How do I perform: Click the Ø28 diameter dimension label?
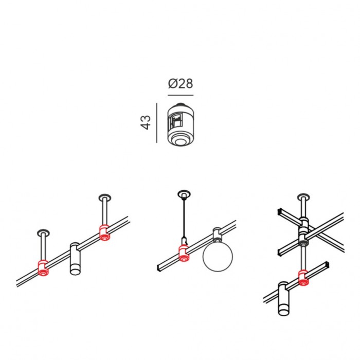pos(181,84)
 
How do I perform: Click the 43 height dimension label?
pos(146,122)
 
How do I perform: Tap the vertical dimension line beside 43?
pos(157,123)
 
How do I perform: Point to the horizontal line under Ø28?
pos(181,95)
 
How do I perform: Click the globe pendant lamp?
pos(218,256)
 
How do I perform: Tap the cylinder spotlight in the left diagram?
pos(75,259)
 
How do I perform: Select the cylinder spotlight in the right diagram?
pos(283,299)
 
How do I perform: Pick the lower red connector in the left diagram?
pos(43,268)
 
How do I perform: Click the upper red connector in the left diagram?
pos(104,233)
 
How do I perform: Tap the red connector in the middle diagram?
pos(184,253)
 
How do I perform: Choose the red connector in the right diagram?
pos(303,278)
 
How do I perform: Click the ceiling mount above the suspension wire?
pos(184,194)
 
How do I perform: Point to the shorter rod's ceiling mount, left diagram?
pos(43,233)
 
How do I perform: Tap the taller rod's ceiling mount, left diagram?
pos(105,197)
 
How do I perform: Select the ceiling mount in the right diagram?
pos(303,197)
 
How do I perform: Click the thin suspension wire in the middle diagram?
pos(184,218)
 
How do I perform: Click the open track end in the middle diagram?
pos(158,268)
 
